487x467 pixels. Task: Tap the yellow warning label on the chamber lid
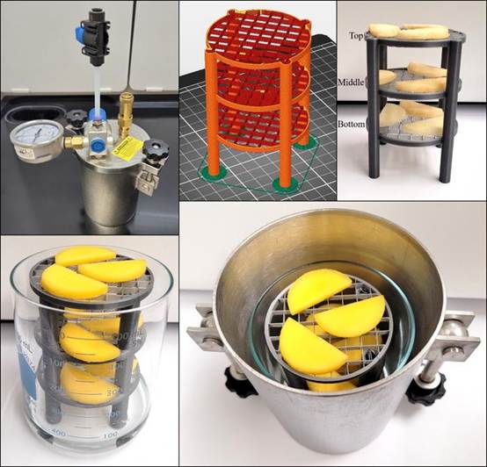pyautogui.click(x=127, y=147)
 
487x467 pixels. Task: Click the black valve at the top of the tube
pyautogui.click(x=94, y=31)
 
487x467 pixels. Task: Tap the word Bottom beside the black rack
pyautogui.click(x=353, y=125)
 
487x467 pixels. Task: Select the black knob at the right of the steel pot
pyautogui.click(x=425, y=386)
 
